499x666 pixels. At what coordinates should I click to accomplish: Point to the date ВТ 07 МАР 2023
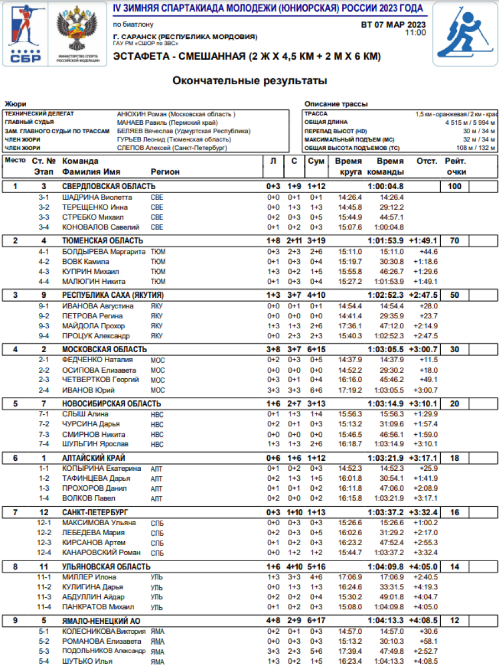click(393, 24)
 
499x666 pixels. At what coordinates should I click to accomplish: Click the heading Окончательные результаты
click(249, 81)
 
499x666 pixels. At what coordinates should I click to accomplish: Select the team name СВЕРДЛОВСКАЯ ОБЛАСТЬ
click(109, 186)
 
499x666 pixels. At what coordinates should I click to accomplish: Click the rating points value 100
click(454, 186)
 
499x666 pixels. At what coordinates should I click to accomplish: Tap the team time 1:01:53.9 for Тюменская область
click(385, 241)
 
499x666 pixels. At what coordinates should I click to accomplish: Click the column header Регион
click(165, 172)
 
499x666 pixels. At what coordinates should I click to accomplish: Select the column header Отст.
click(426, 161)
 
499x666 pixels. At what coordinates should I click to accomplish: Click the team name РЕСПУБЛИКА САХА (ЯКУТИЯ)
click(113, 295)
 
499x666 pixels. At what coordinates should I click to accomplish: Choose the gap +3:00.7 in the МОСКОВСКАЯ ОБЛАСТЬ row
click(423, 349)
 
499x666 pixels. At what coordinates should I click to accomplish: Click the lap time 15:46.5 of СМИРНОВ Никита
click(350, 434)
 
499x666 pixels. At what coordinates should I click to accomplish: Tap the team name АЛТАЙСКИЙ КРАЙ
click(94, 458)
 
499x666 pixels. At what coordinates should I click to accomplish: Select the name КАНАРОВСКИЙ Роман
click(101, 552)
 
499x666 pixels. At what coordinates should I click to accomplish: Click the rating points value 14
click(454, 567)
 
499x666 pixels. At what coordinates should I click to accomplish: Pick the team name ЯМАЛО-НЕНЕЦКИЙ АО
click(100, 621)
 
